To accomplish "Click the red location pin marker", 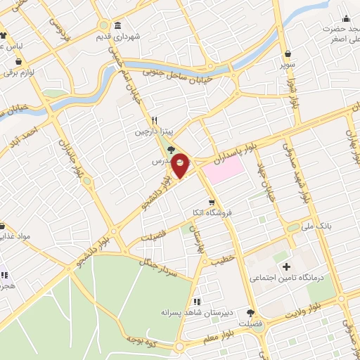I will click(x=181, y=165).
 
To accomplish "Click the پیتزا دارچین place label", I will click(x=153, y=131).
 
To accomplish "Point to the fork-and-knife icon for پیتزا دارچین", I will click(x=154, y=120).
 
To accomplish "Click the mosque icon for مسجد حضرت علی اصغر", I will click(x=346, y=18).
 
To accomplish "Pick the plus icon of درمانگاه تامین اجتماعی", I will click(x=287, y=266).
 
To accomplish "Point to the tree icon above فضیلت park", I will click(x=251, y=313).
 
